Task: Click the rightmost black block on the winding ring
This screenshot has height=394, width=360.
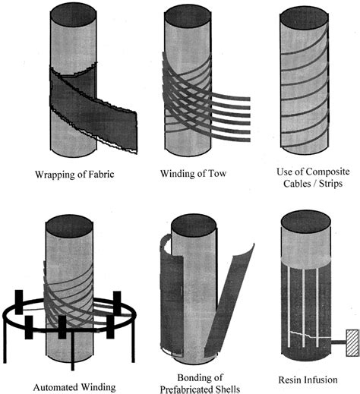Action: (118, 304)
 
